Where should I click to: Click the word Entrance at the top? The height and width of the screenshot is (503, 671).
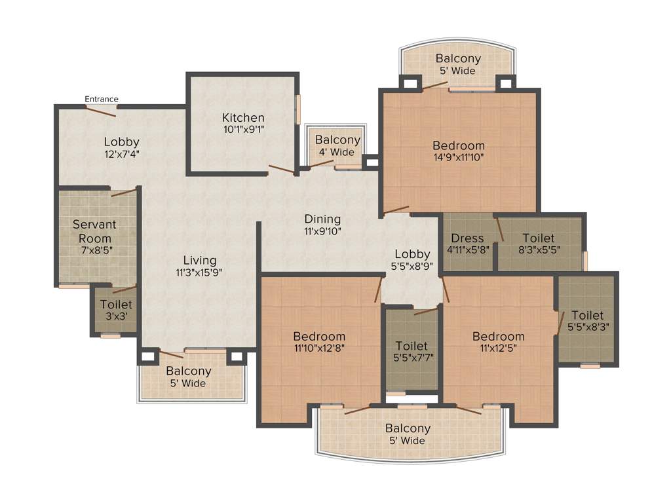tap(102, 99)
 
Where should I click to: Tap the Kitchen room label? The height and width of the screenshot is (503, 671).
tap(242, 118)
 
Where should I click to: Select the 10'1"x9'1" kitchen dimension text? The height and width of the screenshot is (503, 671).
tap(242, 130)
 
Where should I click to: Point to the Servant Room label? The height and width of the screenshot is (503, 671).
tap(94, 231)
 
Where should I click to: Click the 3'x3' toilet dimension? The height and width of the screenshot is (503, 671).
tap(116, 316)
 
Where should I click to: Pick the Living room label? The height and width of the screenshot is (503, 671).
tap(200, 261)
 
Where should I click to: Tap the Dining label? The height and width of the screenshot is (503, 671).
tap(322, 219)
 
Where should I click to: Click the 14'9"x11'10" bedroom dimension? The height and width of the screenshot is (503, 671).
tap(459, 157)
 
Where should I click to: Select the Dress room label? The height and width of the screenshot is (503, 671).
tap(467, 238)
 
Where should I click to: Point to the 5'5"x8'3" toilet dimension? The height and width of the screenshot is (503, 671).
tap(587, 327)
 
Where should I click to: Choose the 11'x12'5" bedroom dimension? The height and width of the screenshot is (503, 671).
tap(498, 348)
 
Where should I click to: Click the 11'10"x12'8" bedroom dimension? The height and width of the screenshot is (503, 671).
tap(319, 348)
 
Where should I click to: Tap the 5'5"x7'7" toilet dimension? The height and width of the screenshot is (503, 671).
tap(412, 357)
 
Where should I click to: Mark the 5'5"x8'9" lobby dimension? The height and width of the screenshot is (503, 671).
tap(412, 266)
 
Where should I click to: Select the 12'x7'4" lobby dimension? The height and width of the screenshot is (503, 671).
tap(121, 154)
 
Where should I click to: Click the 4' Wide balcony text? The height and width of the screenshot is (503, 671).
tap(337, 152)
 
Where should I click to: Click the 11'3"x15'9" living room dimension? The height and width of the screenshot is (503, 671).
tap(200, 272)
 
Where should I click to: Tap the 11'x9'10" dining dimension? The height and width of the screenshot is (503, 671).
tap(322, 231)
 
